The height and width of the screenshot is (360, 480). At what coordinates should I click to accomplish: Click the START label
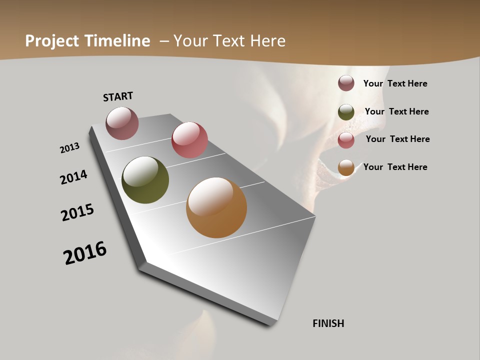click(118, 96)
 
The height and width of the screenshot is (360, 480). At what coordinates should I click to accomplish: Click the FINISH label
click(328, 323)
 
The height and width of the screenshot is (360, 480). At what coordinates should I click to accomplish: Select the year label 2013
click(70, 148)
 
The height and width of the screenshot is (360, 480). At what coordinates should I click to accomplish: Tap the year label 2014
click(74, 177)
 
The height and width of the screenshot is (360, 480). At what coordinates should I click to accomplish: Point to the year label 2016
click(85, 252)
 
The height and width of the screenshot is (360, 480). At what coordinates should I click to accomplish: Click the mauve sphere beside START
click(122, 123)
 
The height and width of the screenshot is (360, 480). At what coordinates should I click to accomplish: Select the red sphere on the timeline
click(189, 140)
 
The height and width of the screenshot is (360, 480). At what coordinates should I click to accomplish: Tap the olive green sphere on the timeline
click(145, 180)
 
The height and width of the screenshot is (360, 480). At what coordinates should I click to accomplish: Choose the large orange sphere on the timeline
click(216, 207)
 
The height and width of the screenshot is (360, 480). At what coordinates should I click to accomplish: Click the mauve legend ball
click(346, 83)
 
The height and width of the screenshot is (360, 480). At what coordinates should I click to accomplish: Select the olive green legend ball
click(346, 112)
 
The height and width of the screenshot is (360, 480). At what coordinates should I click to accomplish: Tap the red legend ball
click(346, 139)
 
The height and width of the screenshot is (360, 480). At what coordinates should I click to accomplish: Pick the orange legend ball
click(346, 167)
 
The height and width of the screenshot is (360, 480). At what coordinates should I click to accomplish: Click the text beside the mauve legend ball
click(395, 83)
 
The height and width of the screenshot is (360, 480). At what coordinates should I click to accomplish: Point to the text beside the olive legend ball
click(396, 111)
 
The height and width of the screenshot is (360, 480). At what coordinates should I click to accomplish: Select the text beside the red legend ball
click(397, 139)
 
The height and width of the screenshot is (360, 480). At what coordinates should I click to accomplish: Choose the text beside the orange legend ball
click(395, 167)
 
